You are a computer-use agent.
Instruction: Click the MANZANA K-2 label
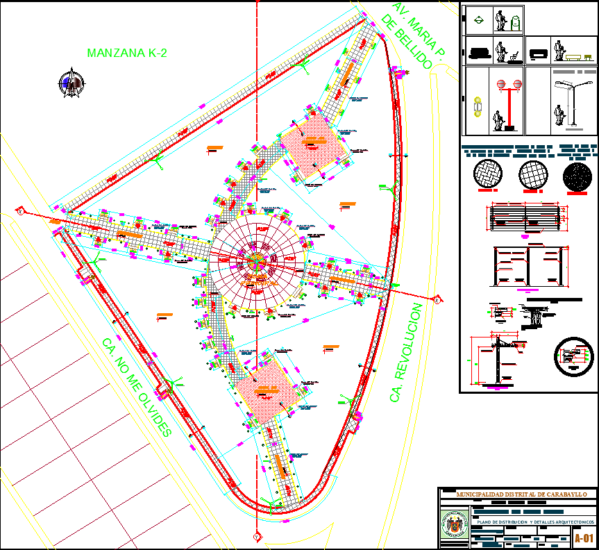[127, 52]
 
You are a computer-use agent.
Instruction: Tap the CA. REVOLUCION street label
[407, 352]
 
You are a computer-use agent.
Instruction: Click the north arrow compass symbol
[71, 83]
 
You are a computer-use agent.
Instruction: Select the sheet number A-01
[584, 537]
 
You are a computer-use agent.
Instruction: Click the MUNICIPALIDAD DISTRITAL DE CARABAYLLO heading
[521, 494]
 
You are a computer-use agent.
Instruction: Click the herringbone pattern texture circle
[489, 174]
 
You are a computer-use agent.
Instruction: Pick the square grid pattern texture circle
[533, 174]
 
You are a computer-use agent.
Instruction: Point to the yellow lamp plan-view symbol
[476, 107]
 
